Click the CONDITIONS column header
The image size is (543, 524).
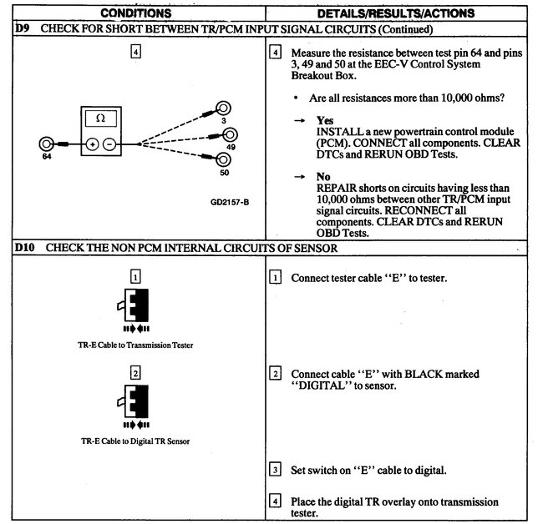136,13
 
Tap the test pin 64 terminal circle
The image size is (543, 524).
48,144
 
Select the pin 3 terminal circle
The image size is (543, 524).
223,108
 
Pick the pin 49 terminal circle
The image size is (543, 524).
228,134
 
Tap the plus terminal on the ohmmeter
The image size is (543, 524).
92,144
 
